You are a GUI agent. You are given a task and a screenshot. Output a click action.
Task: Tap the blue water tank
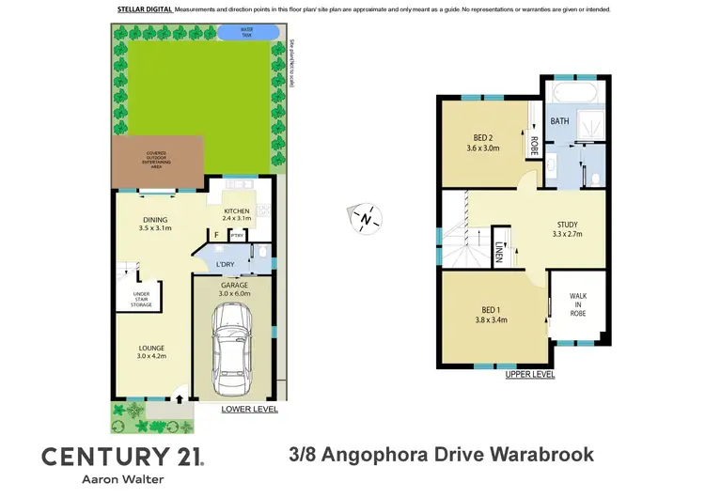pos(247,32)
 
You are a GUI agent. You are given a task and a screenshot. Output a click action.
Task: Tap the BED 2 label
pos(486,142)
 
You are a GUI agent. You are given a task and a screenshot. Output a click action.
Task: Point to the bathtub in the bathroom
pos(573,94)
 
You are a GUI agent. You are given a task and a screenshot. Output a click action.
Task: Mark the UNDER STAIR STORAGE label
pos(141,299)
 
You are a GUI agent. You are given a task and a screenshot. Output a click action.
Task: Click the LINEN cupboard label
pos(498,252)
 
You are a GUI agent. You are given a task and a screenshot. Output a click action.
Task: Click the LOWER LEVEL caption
pos(249,411)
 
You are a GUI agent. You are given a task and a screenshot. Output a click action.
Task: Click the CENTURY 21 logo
pos(122,457)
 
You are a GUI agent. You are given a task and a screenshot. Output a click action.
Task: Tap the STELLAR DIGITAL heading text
pos(144,9)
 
